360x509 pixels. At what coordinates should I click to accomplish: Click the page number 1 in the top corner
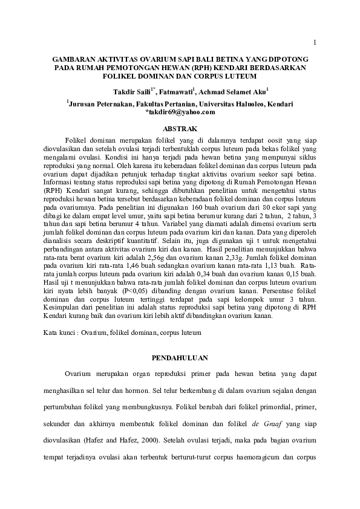point(316,42)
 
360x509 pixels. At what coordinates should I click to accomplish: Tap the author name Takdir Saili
point(133,92)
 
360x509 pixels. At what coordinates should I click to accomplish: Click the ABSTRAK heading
point(180,129)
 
